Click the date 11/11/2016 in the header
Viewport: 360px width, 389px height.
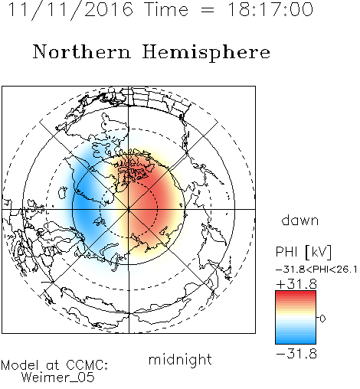click(70, 10)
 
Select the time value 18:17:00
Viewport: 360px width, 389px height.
click(270, 9)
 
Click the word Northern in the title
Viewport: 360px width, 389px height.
click(82, 52)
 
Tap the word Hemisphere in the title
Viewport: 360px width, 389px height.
click(206, 53)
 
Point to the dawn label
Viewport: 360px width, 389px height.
click(300, 220)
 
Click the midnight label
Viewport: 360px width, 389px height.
click(180, 360)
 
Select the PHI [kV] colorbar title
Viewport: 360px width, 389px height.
click(303, 252)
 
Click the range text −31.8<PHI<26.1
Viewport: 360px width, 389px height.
click(316, 270)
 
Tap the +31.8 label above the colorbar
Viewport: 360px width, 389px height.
click(296, 284)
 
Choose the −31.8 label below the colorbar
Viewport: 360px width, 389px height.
click(296, 354)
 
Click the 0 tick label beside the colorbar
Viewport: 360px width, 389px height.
click(322, 319)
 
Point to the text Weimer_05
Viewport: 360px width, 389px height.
click(58, 377)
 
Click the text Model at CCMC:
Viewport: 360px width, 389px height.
click(54, 365)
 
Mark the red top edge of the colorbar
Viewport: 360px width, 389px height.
click(296, 292)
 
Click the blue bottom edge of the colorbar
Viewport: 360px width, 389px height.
click(296, 343)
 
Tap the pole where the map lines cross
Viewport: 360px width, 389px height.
click(129, 209)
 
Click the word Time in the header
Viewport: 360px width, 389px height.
click(166, 9)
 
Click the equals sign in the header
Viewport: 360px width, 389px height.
click(208, 11)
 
